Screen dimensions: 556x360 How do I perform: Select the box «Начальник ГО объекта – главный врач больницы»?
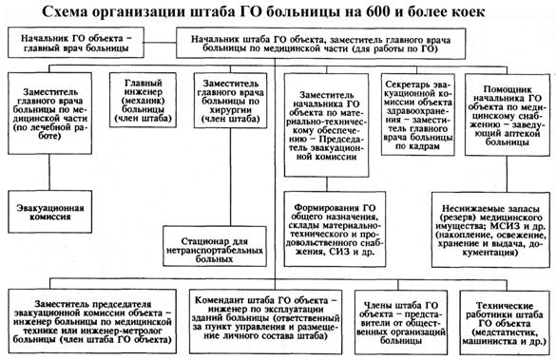tap(76, 43)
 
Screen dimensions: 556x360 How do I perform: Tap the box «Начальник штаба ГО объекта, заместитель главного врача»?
tap(321, 44)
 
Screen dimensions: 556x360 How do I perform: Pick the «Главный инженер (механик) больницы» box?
tap(143, 100)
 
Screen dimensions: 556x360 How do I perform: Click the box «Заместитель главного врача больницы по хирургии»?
tap(231, 101)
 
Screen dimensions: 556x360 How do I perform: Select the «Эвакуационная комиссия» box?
tap(50, 212)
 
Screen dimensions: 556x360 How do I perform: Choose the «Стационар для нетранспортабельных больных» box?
tap(215, 246)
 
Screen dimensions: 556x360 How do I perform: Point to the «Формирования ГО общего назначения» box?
tap(335, 229)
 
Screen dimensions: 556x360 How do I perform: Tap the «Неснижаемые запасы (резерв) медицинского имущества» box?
tap(490, 230)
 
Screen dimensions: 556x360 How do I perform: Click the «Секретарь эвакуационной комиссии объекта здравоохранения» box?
tap(418, 114)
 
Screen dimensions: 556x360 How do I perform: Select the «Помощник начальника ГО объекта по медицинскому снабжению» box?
tap(508, 115)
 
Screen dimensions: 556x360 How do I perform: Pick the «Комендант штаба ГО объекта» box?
tap(265, 322)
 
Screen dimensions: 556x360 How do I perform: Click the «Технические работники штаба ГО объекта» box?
tap(505, 322)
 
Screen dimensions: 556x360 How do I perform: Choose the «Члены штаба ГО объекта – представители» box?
tap(400, 322)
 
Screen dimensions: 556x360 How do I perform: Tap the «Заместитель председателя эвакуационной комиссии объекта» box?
tap(92, 321)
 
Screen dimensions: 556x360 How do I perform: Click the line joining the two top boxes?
tap(161, 43)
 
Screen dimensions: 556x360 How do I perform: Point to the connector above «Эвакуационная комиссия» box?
tap(49, 172)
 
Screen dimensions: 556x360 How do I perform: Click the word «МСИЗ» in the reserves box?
tap(504, 226)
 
